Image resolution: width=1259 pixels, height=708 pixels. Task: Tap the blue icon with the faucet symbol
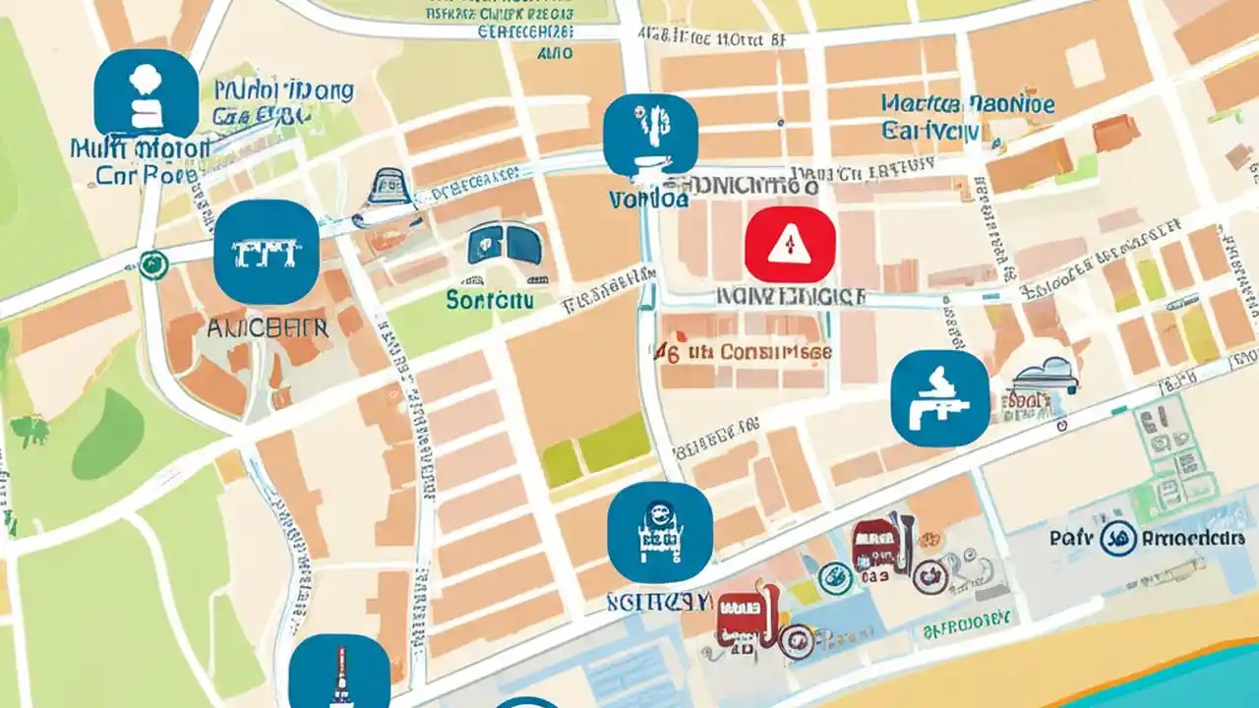[x=939, y=398]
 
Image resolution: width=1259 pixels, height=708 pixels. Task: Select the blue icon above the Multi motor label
[x=146, y=94]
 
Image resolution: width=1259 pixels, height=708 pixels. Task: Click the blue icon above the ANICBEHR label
[x=266, y=252]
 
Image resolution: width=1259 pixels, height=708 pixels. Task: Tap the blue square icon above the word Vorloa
[x=650, y=135]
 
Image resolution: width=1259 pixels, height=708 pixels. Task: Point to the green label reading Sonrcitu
[x=489, y=299]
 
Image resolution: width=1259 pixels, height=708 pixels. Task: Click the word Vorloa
[x=648, y=200]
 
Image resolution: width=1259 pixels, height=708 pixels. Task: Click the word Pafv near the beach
[x=1071, y=538]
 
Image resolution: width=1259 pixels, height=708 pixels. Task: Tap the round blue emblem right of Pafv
[x=1115, y=538]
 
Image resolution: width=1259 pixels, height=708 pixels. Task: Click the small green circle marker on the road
[x=150, y=264]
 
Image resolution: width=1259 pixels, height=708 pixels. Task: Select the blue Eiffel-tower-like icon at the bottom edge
[x=338, y=674]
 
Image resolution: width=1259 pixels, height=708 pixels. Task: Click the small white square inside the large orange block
[x=1085, y=63]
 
